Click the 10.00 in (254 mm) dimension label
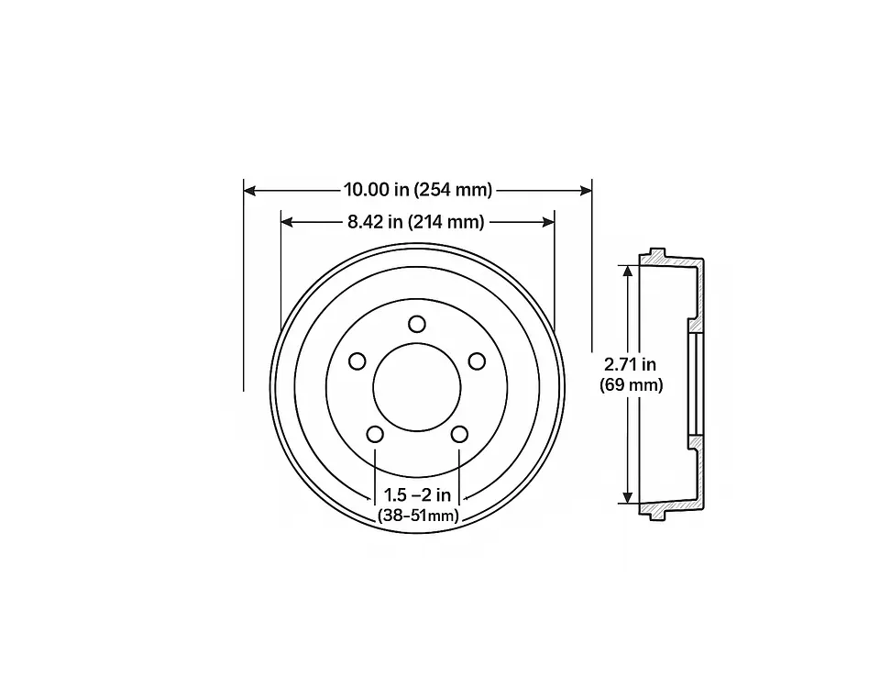pos(418,190)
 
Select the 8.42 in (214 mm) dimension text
pos(416,222)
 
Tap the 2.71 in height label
pos(631,365)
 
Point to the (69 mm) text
pos(631,385)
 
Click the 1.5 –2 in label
pos(417,494)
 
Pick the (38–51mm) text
pos(418,515)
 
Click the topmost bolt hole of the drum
pos(417,324)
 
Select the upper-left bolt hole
pos(357,361)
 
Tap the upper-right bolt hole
pos(477,361)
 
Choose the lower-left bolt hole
pos(375,434)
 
